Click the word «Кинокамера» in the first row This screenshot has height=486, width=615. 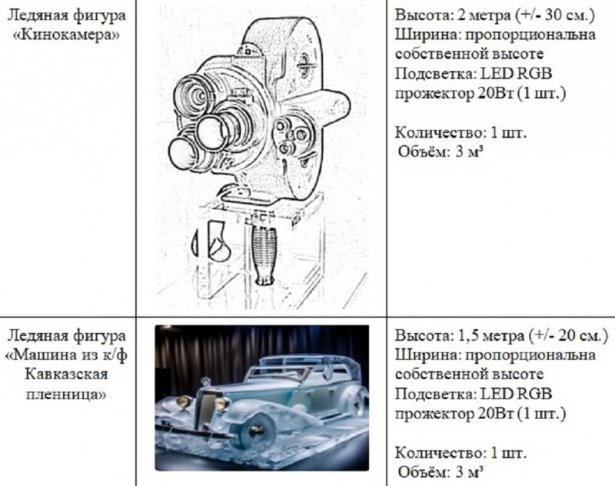click(66, 35)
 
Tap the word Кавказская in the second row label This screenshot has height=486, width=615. click(66, 374)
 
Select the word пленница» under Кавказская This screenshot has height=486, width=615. click(66, 394)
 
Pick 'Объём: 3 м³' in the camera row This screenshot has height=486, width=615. click(440, 151)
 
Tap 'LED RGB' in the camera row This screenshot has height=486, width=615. click(516, 74)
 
